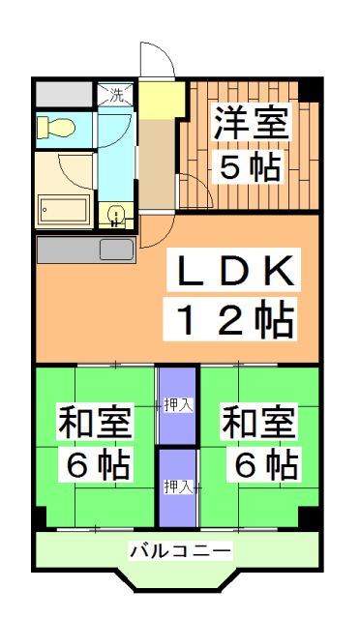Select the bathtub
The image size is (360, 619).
(64, 208)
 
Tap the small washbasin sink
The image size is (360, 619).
(117, 214)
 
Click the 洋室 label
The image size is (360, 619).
(250, 125)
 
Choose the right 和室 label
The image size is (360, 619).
(258, 424)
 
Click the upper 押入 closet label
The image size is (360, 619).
(177, 404)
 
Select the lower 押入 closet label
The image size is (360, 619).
(177, 484)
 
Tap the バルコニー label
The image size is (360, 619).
(180, 551)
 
